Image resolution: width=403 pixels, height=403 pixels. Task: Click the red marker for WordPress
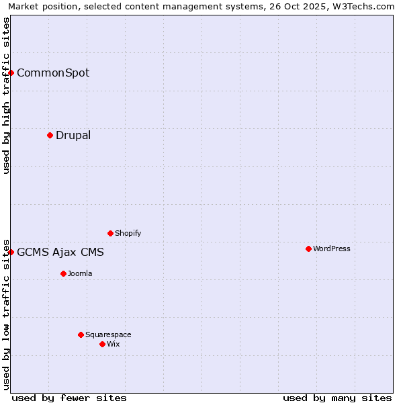tap(308, 249)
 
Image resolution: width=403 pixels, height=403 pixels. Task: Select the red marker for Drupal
tap(50, 135)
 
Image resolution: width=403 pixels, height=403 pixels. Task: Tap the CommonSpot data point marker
tap(11, 73)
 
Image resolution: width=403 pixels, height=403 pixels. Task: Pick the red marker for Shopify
tap(110, 233)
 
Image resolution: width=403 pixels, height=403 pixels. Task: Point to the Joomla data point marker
tap(63, 273)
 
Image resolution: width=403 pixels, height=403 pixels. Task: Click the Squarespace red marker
tap(81, 334)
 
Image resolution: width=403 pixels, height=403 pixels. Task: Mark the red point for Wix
tap(102, 344)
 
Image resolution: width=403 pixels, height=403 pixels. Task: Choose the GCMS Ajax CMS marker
tap(11, 252)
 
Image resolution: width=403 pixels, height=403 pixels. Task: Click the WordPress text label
tap(332, 249)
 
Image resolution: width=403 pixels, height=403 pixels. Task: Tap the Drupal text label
tap(73, 135)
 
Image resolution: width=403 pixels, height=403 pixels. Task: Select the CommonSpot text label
tap(53, 73)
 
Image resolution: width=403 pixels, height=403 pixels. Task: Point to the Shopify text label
tap(128, 233)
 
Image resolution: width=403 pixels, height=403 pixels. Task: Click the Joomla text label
tap(80, 273)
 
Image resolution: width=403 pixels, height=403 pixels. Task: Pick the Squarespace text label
tap(108, 334)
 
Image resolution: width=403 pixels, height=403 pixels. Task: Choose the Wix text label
tap(113, 344)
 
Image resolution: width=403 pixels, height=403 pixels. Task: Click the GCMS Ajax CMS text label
tap(60, 252)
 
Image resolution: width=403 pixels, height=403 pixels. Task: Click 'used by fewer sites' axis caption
tap(69, 398)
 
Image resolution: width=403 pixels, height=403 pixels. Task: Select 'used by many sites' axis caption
tap(337, 398)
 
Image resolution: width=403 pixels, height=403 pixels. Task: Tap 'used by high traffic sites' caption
tap(6, 95)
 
